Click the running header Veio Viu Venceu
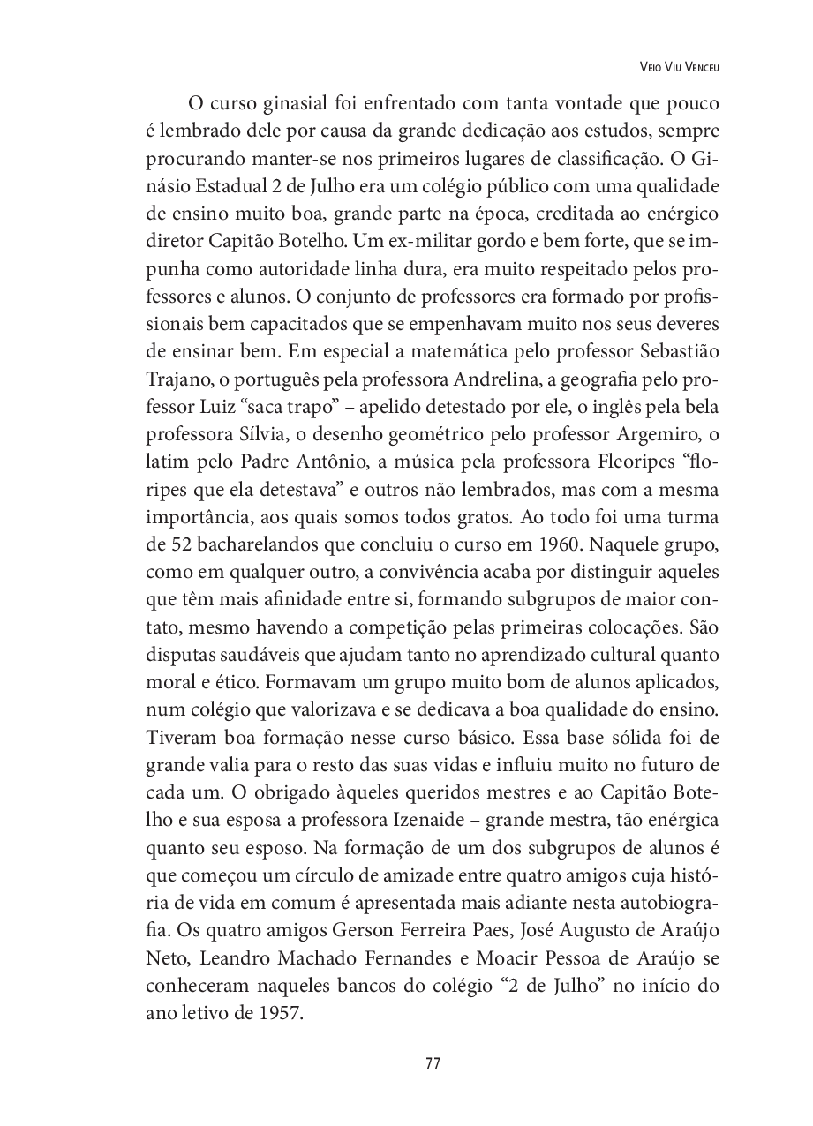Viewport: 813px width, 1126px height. (x=681, y=66)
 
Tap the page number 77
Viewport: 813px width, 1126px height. (x=433, y=1063)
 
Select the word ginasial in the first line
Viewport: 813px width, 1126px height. (x=294, y=104)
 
